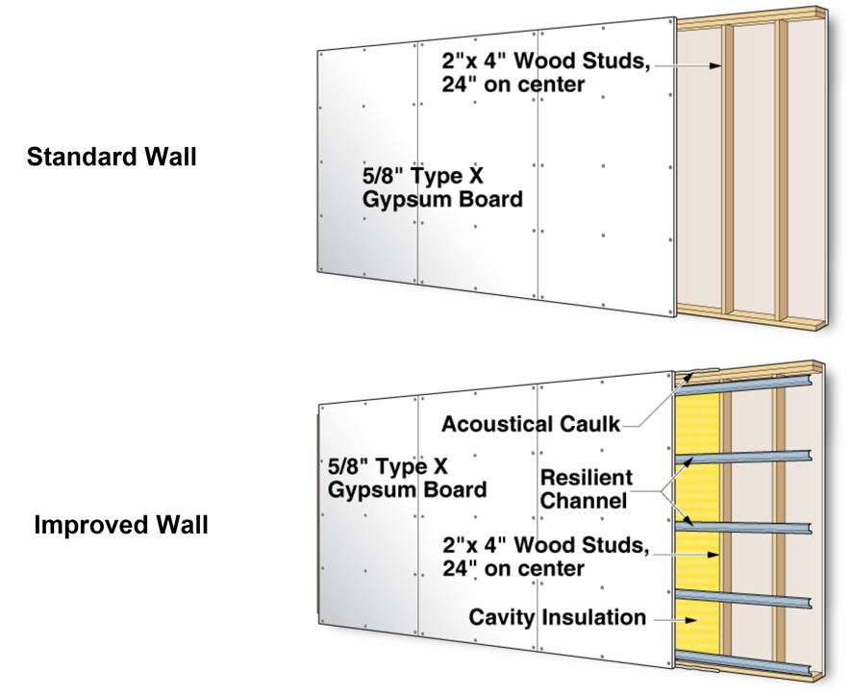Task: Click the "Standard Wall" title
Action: (112, 157)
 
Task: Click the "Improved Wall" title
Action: (121, 525)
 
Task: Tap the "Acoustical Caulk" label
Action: (530, 424)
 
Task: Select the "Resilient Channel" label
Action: (587, 489)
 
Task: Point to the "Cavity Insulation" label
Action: (558, 617)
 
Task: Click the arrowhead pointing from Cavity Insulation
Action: (690, 619)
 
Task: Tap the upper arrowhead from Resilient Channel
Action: (688, 462)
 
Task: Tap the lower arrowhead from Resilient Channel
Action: (688, 521)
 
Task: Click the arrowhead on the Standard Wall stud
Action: (715, 65)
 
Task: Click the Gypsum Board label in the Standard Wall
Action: (442, 187)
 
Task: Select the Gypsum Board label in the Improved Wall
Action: (407, 478)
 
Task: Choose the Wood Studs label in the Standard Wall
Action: (546, 72)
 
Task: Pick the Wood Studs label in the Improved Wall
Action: (546, 557)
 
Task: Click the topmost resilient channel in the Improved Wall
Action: (744, 385)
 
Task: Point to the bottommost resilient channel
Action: (744, 665)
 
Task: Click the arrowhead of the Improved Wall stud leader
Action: (713, 555)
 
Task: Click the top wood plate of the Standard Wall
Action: (752, 18)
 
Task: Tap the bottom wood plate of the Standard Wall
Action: (752, 316)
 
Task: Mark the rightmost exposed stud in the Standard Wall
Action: (782, 169)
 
